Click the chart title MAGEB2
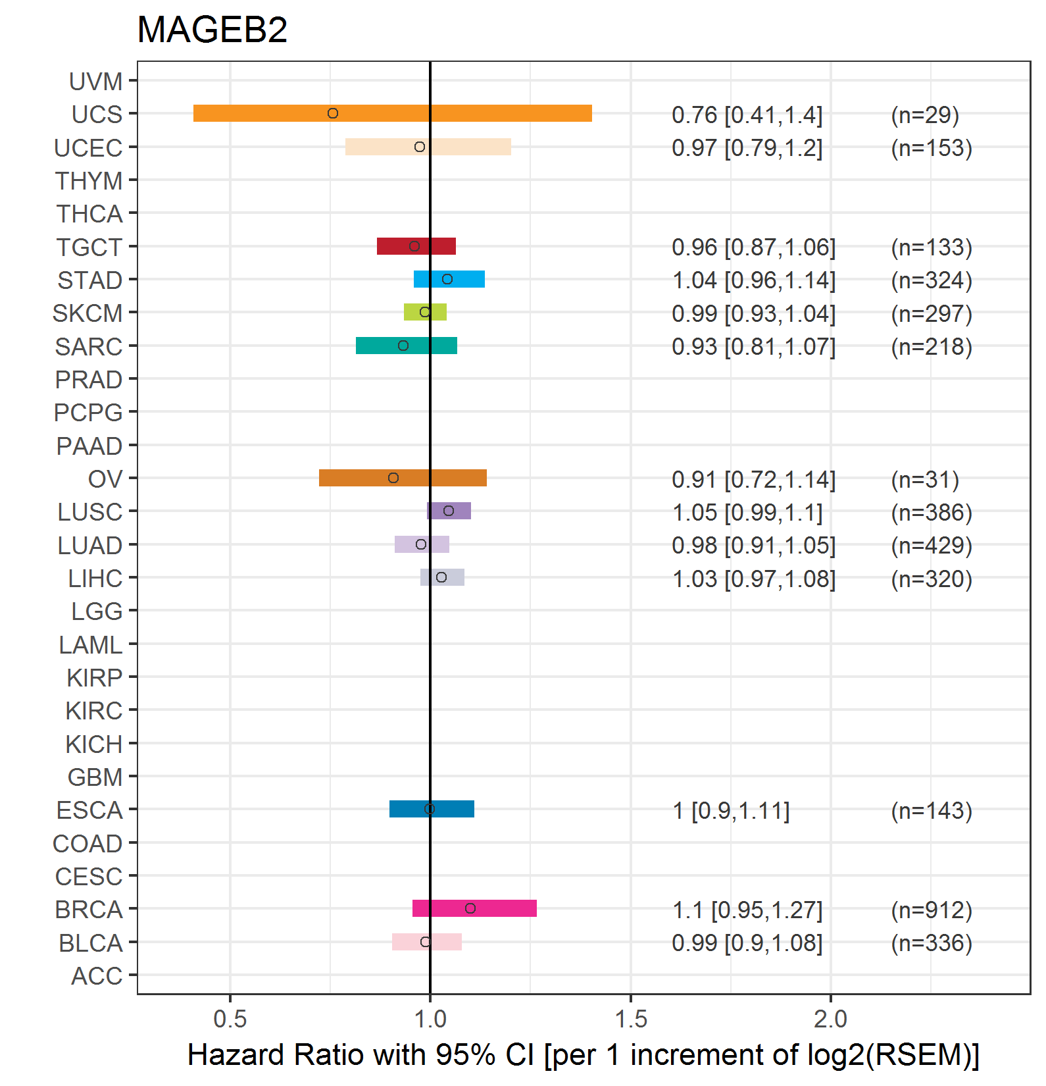click(212, 30)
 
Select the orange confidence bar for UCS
click(392, 113)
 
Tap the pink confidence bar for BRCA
click(474, 908)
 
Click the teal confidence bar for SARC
click(406, 346)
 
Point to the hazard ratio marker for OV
click(393, 478)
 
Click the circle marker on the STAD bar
click(447, 279)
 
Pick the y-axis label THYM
click(89, 181)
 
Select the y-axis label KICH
click(94, 744)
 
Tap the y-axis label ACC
click(97, 976)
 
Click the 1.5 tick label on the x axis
click(630, 1020)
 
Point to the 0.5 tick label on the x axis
click(230, 1020)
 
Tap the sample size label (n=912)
click(932, 910)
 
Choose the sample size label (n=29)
click(925, 115)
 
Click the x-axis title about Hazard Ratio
click(584, 1055)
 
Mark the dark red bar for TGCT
click(416, 246)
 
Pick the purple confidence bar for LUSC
click(449, 511)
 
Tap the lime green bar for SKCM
click(425, 312)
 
